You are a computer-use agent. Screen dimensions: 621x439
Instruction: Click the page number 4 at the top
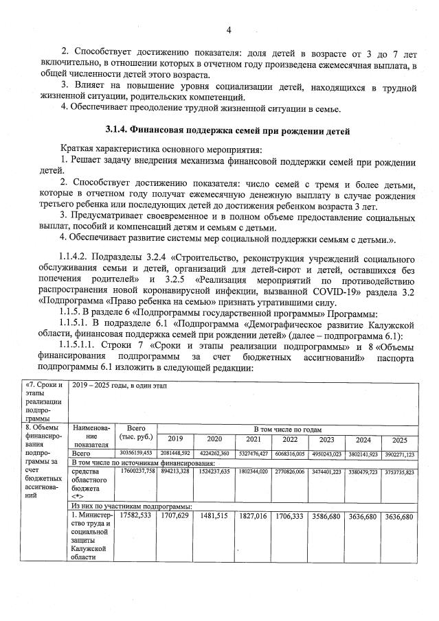click(x=229, y=30)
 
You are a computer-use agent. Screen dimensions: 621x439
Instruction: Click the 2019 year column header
click(x=175, y=439)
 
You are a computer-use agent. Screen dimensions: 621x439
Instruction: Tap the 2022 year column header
click(x=289, y=439)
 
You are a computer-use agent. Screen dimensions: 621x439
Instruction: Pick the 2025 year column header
click(x=399, y=440)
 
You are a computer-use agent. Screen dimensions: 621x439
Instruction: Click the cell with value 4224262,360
click(x=214, y=454)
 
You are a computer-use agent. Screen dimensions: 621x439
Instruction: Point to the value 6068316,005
click(x=289, y=454)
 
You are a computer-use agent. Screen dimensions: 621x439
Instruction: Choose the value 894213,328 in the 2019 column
click(x=175, y=473)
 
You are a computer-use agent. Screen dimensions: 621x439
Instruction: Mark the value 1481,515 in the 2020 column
click(x=214, y=515)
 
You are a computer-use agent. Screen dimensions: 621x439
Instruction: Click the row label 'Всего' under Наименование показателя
click(x=82, y=454)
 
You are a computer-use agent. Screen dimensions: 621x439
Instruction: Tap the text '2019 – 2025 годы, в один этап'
click(x=121, y=386)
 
